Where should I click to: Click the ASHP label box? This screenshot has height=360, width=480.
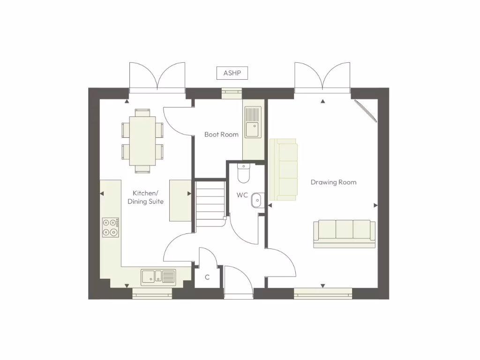coord(232,73)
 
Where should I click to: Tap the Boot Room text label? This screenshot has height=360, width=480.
coord(221,135)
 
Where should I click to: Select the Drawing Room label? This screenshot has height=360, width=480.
coord(333,182)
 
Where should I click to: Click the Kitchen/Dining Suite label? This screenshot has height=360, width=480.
coord(146,197)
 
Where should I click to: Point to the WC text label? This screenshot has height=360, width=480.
coord(242,195)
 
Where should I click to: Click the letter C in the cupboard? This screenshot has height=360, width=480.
coord(207,277)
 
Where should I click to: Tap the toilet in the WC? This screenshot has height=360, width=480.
coord(244,173)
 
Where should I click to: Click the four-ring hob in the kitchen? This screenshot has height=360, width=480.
coord(111,227)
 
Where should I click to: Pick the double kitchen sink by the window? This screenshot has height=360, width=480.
coord(158,277)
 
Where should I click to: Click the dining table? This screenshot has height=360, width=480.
coord(142,141)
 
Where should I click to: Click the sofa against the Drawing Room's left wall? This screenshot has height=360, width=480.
coord(284,169)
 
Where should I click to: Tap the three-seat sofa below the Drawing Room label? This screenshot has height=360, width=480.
coord(344,233)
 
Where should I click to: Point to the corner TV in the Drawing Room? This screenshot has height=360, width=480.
coord(366,111)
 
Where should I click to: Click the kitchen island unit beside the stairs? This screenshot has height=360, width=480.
coord(180,200)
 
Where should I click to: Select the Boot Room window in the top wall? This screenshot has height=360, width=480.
coord(232,93)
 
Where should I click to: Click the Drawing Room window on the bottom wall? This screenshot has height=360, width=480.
coord(323,293)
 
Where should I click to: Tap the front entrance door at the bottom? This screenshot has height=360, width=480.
coord(239,283)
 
